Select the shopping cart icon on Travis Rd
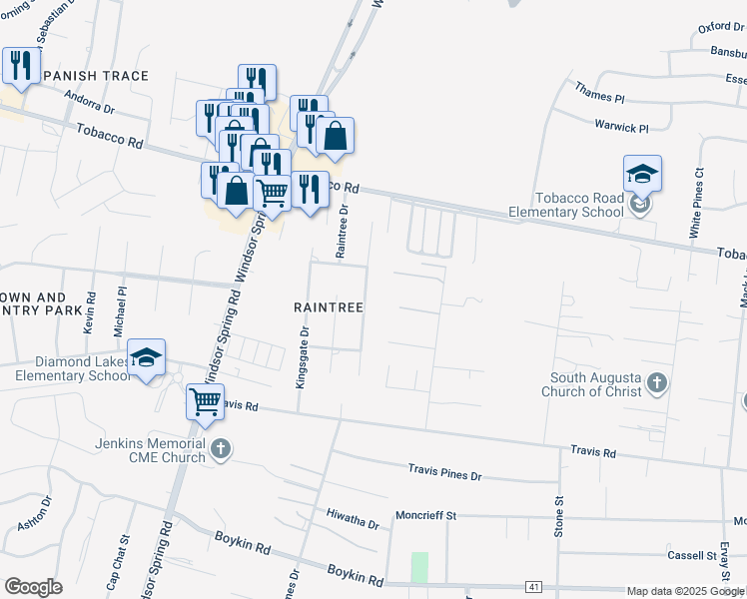click(x=205, y=402)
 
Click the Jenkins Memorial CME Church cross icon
click(x=221, y=450)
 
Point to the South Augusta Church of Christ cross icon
click(x=656, y=382)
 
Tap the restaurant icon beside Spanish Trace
click(x=19, y=67)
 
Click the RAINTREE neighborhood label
click(x=328, y=307)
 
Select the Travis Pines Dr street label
click(x=444, y=471)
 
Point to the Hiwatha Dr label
click(x=354, y=518)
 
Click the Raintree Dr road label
click(x=342, y=234)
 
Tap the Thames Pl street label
click(x=599, y=94)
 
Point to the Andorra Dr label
click(x=89, y=101)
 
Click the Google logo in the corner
click(x=33, y=587)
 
